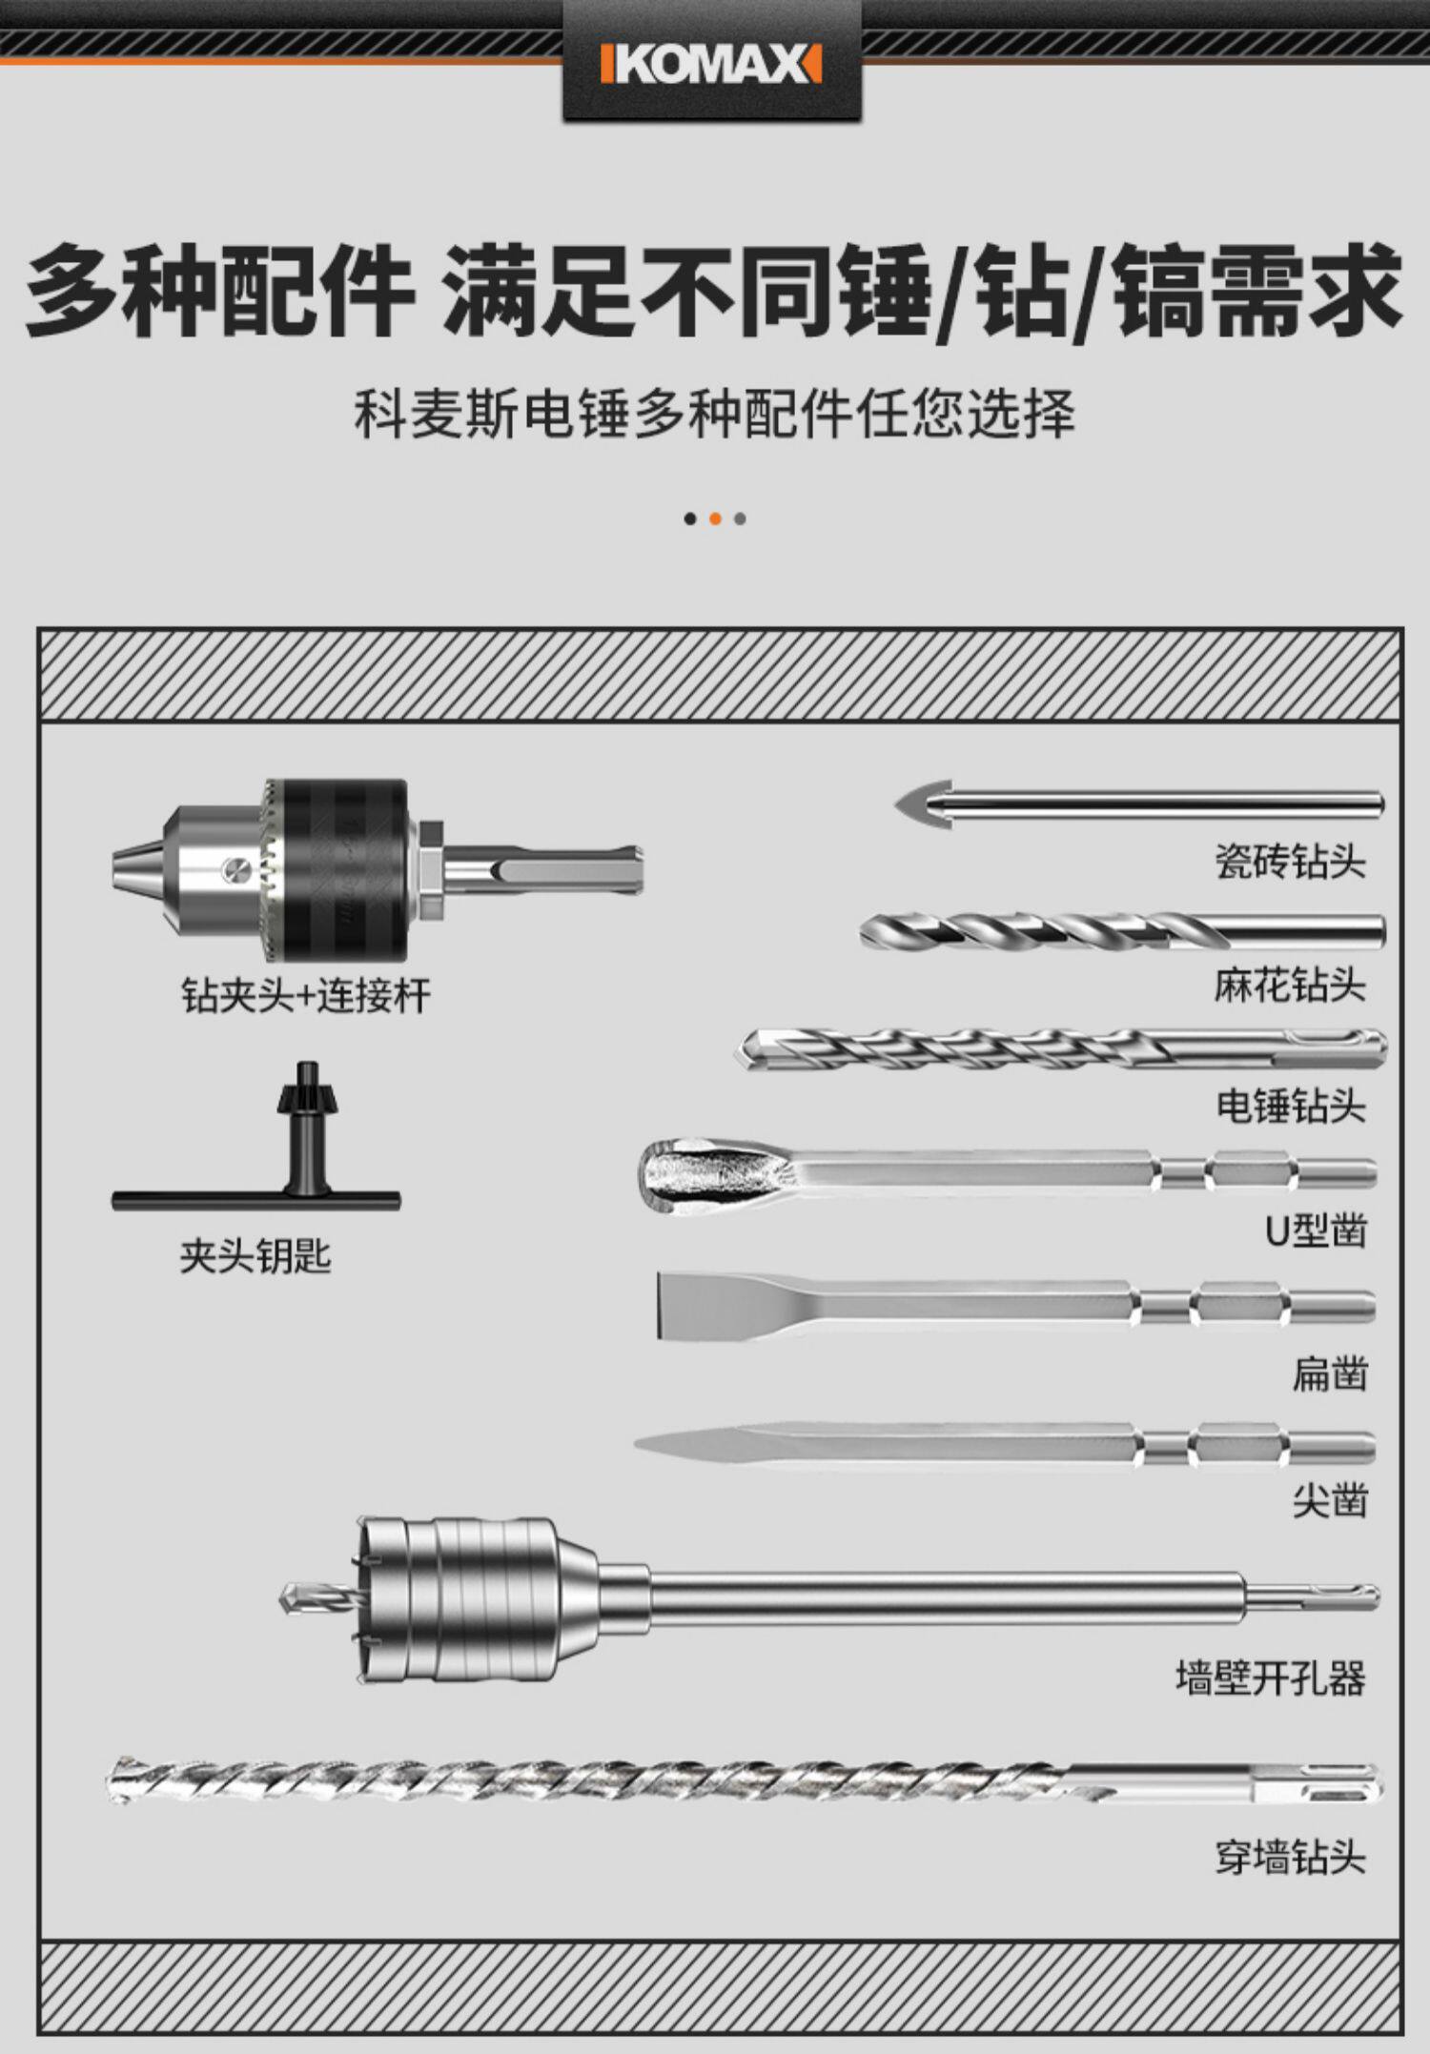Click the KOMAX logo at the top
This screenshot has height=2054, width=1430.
(x=711, y=66)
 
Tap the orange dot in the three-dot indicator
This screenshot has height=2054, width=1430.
(x=715, y=519)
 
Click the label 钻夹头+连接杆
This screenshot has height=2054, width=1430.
(x=306, y=996)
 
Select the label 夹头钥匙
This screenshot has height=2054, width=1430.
(x=255, y=1256)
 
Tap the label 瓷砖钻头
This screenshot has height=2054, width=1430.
(x=1290, y=862)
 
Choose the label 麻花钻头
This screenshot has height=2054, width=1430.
(x=1290, y=985)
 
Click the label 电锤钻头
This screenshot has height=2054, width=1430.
(x=1290, y=1106)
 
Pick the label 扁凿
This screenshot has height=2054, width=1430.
(x=1330, y=1373)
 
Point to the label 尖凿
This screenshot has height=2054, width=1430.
(x=1330, y=1500)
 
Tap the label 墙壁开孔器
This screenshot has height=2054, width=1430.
(x=1271, y=1678)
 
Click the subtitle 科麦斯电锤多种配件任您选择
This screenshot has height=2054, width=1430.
(x=714, y=414)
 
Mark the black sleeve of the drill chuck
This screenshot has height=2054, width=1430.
(x=338, y=869)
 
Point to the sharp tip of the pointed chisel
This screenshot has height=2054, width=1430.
(x=637, y=1446)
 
